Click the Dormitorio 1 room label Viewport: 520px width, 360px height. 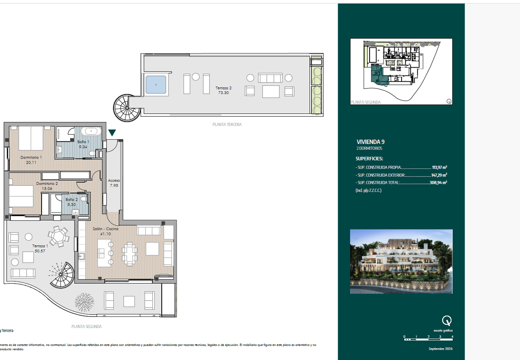tap(31, 157)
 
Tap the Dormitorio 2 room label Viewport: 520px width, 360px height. tap(47, 183)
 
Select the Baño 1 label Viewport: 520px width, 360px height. tap(83, 141)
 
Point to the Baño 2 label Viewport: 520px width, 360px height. tap(71, 199)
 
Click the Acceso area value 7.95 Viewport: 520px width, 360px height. tap(113, 185)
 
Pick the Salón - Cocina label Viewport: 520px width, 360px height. tap(105, 229)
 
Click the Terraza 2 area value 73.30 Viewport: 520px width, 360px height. tap(223, 92)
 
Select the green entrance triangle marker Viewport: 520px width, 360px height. tap(112, 133)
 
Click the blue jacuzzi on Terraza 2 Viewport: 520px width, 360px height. tap(156, 84)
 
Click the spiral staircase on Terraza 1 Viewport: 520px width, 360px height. tap(61, 275)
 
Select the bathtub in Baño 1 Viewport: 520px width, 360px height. tap(91, 131)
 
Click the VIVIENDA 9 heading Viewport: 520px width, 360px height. tap(370, 141)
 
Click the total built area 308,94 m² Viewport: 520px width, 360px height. tap(438, 182)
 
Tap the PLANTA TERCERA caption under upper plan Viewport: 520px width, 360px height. tap(227, 124)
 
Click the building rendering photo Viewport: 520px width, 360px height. tap(401, 261)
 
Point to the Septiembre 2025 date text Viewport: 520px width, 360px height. tap(440, 349)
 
